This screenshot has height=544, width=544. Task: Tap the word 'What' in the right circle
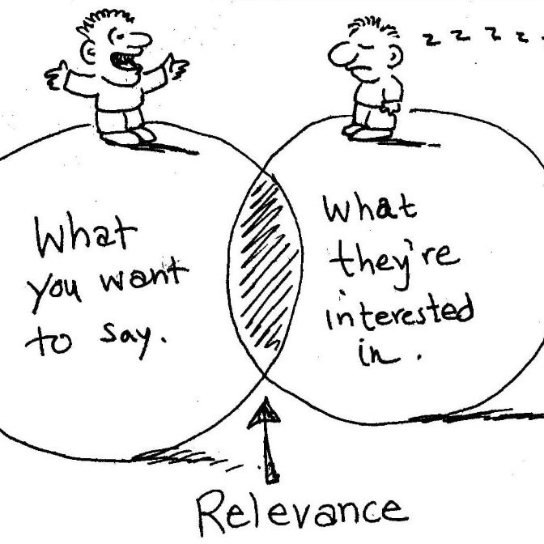tap(368, 212)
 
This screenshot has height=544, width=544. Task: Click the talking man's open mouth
tap(126, 56)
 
